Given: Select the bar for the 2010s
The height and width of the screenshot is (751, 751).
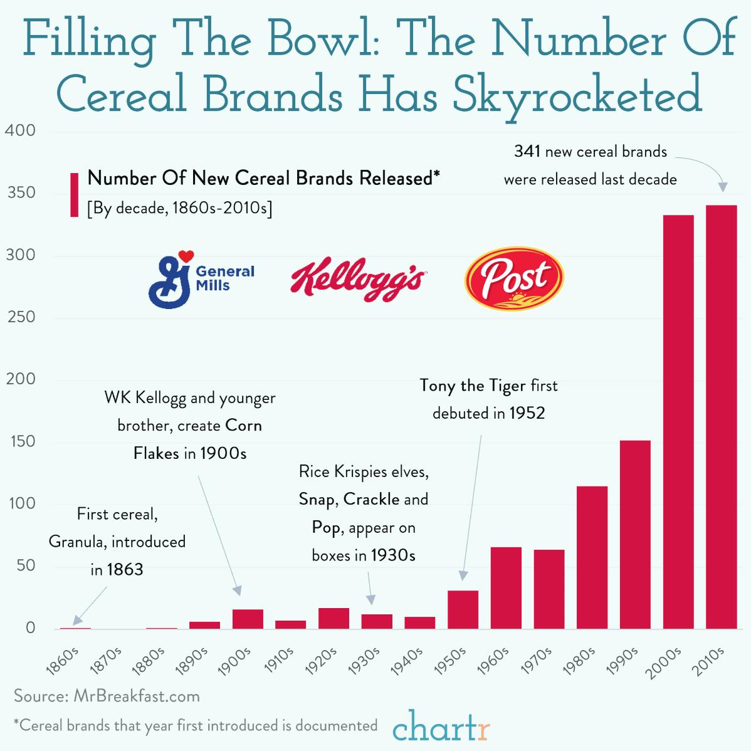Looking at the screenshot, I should (x=721, y=416).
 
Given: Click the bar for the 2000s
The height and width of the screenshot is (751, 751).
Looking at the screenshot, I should (x=678, y=421).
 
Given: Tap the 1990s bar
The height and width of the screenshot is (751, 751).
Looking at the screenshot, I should (x=635, y=534).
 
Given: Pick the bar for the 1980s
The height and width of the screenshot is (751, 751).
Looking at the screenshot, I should (x=592, y=557).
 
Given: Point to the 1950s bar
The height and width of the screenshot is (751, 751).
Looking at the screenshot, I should (x=463, y=609).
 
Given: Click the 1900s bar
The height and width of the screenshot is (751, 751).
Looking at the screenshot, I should (x=248, y=619).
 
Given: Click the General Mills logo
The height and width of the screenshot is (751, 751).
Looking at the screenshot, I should (x=201, y=278).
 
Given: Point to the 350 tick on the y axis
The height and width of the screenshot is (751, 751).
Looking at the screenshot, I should (x=21, y=193).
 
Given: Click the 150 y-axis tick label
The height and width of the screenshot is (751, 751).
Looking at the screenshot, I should (x=21, y=441).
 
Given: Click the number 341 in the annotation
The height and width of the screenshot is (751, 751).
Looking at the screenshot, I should (x=527, y=151).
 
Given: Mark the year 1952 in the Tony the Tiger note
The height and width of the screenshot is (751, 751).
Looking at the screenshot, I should (x=527, y=413).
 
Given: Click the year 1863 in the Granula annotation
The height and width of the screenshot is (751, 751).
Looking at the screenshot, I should (x=125, y=569).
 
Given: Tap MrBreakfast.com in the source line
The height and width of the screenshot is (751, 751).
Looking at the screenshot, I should (x=136, y=696).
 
